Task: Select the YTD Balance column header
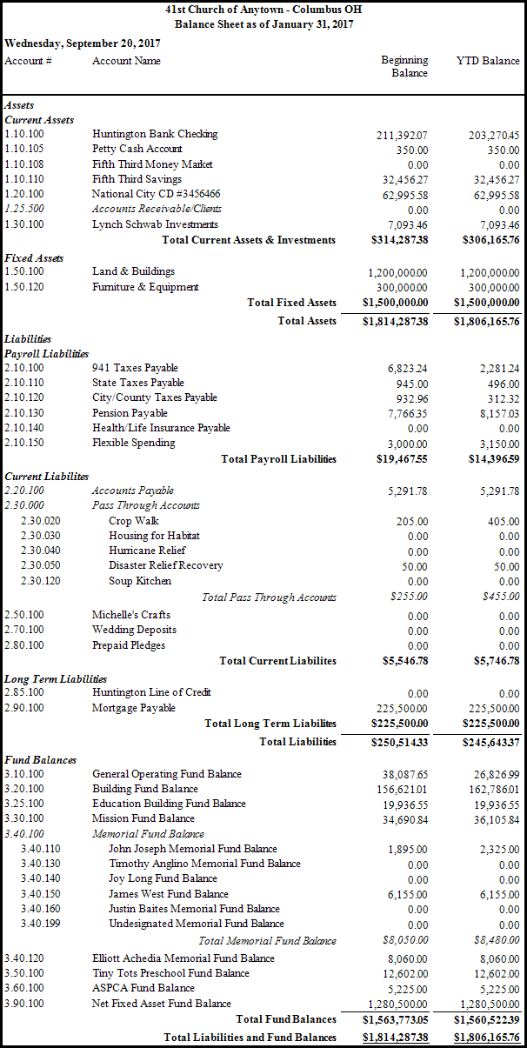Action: coord(488,61)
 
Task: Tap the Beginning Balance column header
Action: coord(404,66)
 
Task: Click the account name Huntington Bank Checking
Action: coord(155,134)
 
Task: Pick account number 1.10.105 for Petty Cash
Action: coord(23,149)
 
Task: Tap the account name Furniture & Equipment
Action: coord(145,287)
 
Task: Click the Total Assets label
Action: coord(307,321)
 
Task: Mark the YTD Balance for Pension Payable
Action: coord(495,414)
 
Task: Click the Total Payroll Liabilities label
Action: coord(278,458)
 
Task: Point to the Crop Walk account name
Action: coord(133,521)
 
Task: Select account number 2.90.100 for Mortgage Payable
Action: coord(23,708)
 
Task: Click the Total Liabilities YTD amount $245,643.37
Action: coord(487,742)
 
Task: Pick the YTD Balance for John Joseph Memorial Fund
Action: coord(497,850)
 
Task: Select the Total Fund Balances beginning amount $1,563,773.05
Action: coord(396,1019)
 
